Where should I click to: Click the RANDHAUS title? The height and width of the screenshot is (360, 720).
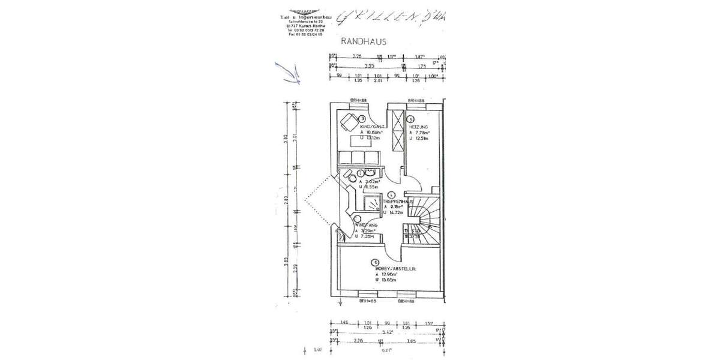[x=363, y=41]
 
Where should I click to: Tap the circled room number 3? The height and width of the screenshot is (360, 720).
[x=362, y=119]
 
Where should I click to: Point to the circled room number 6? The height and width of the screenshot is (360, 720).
[x=374, y=262]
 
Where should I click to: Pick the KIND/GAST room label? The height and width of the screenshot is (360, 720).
[x=372, y=127]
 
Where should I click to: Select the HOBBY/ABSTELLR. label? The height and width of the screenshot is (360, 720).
[x=394, y=268]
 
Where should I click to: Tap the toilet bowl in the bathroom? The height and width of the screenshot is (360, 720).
[x=361, y=174]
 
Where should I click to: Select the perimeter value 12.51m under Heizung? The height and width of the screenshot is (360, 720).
[x=420, y=138]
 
